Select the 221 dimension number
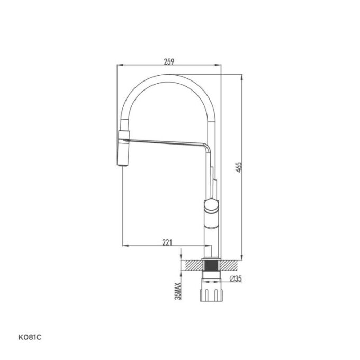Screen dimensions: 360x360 (x=166, y=242)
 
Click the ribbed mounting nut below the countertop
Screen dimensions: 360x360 (x=211, y=293)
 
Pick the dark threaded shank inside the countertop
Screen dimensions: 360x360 (x=211, y=265)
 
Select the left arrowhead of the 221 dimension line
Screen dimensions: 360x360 (x=125, y=246)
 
